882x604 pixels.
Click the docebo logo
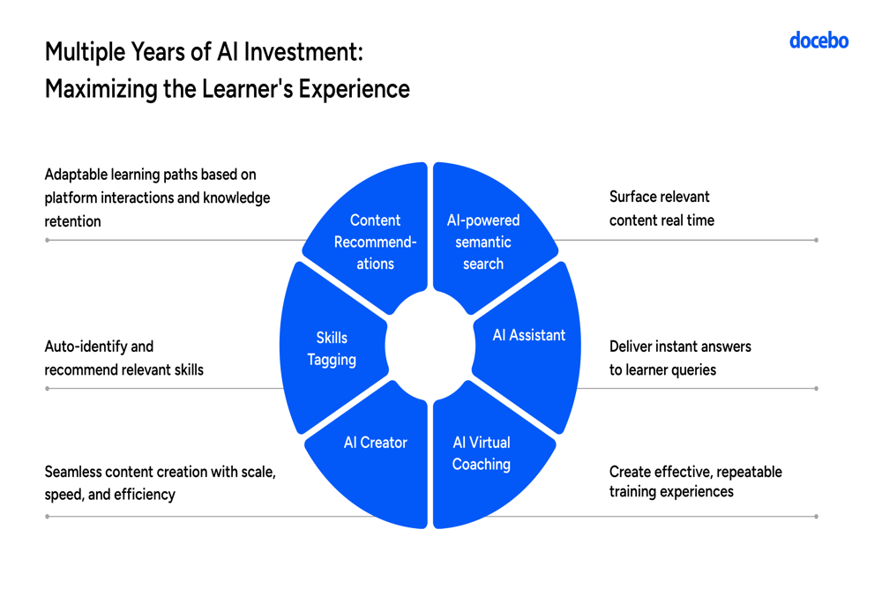coord(819,41)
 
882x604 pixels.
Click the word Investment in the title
coord(303,52)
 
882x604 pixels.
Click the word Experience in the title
coord(354,89)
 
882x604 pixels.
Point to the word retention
coord(72,221)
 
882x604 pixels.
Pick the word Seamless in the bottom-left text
coord(72,471)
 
